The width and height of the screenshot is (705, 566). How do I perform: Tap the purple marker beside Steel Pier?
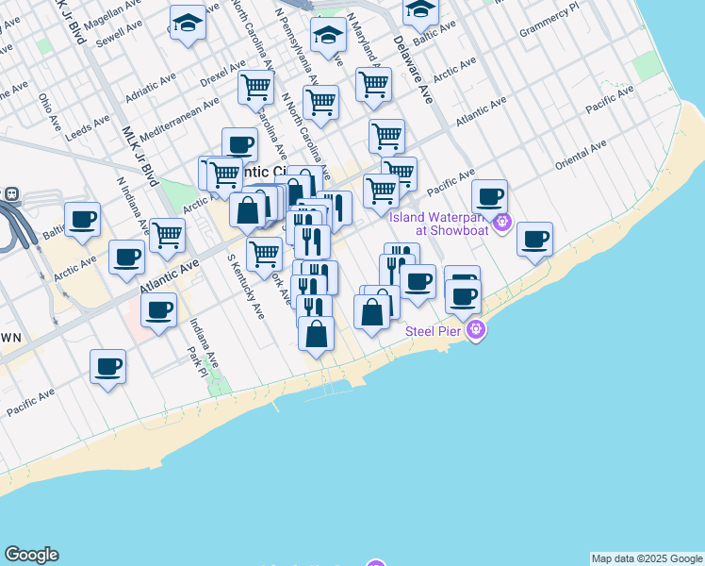coord(476,330)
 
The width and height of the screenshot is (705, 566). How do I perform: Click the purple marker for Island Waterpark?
coord(501,224)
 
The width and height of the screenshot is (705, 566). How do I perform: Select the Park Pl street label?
coord(197,362)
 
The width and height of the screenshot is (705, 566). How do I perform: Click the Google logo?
coord(31,555)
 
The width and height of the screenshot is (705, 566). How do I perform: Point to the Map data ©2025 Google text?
coord(647,558)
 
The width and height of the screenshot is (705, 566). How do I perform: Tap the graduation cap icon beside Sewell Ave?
coord(188,25)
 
